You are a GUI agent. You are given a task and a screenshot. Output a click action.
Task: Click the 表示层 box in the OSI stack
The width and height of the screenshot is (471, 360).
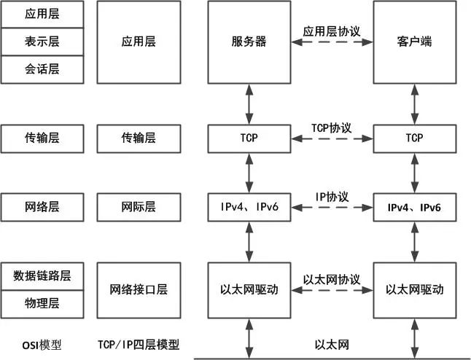(42, 42)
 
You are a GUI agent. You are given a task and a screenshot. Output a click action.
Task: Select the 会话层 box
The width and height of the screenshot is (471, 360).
(42, 69)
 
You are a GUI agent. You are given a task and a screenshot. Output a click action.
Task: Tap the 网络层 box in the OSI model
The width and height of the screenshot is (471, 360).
(42, 207)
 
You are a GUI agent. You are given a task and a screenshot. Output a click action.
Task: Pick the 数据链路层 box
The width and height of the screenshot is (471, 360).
(42, 276)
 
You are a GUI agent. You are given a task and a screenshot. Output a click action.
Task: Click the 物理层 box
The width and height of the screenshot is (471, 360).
(42, 304)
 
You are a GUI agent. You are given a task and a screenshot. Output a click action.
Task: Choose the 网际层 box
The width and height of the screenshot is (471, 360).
(139, 207)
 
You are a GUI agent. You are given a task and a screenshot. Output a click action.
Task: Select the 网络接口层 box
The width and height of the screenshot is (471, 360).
(139, 290)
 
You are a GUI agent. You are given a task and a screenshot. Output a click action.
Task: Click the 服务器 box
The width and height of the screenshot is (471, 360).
(249, 42)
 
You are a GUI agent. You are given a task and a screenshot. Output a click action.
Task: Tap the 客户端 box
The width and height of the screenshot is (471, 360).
(415, 42)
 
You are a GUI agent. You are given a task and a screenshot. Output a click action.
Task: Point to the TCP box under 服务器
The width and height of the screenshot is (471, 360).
(249, 138)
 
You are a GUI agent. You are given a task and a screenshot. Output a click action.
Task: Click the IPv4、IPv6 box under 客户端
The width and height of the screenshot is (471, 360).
(415, 207)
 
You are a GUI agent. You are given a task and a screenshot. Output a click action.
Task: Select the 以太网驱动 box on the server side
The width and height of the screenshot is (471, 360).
(249, 290)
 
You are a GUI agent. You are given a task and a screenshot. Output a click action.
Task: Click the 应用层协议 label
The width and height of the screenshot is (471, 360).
(332, 31)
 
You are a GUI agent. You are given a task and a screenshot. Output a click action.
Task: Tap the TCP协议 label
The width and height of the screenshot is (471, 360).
(332, 128)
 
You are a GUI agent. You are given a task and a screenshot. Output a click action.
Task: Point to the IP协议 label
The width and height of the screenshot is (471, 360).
(332, 197)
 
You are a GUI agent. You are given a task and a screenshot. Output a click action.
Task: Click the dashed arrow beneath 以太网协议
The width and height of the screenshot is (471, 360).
(332, 290)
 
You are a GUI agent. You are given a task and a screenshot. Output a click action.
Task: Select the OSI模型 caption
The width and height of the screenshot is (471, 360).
(42, 345)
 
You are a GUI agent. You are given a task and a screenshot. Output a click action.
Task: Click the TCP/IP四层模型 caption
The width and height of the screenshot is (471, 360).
(139, 345)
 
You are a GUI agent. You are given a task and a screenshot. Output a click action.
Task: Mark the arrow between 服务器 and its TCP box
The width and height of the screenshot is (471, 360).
(249, 104)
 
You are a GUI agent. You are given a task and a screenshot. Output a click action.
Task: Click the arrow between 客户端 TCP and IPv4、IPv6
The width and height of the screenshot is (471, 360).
(415, 173)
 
